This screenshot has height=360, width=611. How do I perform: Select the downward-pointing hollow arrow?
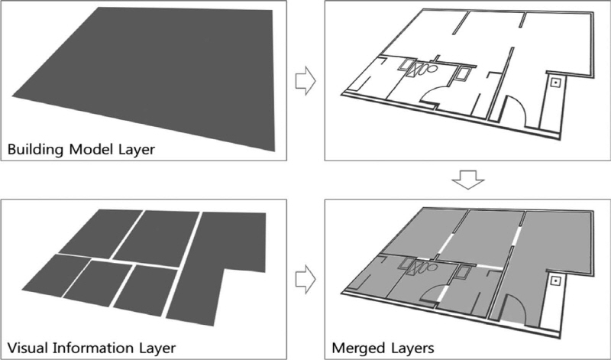click(468, 180)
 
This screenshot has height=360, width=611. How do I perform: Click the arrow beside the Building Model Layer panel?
click(306, 81)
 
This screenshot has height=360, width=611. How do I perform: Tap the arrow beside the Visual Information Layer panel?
click(306, 279)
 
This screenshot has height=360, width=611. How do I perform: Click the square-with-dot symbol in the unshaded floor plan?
click(555, 82)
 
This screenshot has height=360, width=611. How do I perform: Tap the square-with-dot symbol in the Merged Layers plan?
click(555, 280)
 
